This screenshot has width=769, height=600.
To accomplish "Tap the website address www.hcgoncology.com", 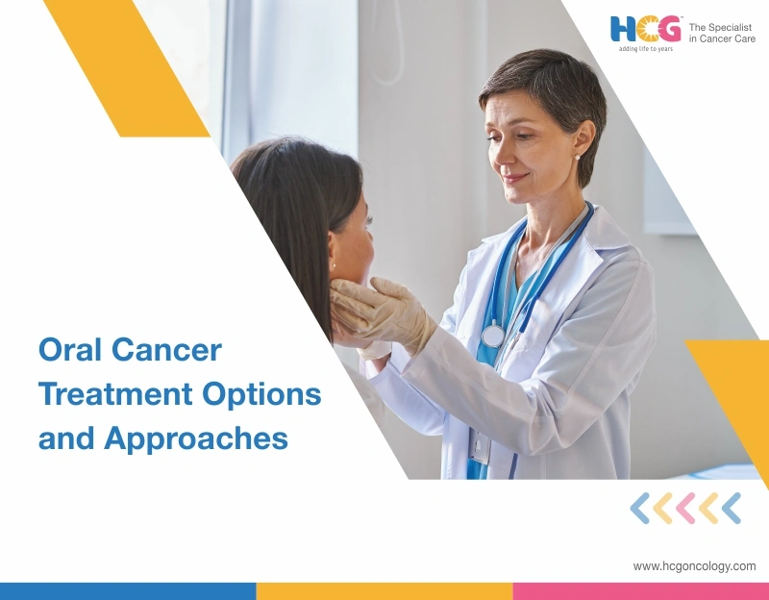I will pyautogui.click(x=694, y=566).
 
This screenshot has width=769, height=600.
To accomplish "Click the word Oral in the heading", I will pyautogui.click(x=69, y=350).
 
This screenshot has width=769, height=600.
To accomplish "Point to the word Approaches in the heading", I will pyautogui.click(x=196, y=438).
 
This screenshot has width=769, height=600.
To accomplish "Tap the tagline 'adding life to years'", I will pyautogui.click(x=646, y=49).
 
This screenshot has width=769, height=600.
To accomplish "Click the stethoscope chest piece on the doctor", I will pyautogui.click(x=493, y=335).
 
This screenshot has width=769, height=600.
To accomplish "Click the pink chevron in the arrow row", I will pyautogui.click(x=685, y=508).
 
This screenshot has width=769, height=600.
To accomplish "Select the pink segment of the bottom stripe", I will pyautogui.click(x=640, y=590).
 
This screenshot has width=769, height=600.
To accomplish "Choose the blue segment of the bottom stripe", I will pyautogui.click(x=128, y=590).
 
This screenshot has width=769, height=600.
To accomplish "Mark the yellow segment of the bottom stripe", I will pyautogui.click(x=384, y=590).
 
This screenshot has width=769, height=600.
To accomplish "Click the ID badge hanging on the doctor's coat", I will pyautogui.click(x=481, y=447).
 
